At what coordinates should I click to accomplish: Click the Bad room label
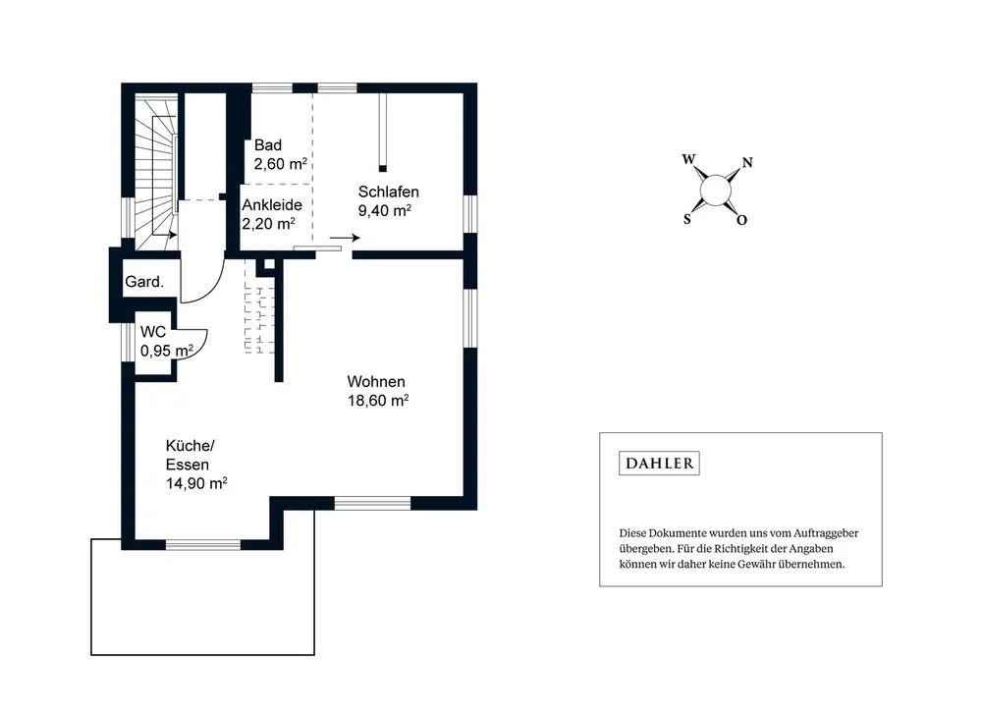267,145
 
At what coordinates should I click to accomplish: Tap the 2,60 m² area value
280,164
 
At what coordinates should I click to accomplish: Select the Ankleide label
272,204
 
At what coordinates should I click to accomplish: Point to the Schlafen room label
388,192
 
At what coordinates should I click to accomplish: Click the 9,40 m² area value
385,210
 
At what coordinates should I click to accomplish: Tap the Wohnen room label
376,381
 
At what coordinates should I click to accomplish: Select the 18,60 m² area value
378,400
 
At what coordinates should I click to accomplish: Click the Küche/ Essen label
190,455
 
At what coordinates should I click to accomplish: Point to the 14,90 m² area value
196,483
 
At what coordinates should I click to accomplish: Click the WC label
153,332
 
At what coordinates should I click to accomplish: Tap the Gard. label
144,282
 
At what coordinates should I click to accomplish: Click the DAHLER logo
659,464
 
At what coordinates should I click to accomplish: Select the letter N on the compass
746,163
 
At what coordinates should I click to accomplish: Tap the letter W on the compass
688,159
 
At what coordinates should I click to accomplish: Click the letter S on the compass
687,219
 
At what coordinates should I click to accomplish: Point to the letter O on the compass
741,220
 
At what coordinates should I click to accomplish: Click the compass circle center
715,191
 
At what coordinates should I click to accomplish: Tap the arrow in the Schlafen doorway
345,238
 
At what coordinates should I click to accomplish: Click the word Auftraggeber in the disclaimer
826,533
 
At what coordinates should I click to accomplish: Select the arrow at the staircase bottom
164,235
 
